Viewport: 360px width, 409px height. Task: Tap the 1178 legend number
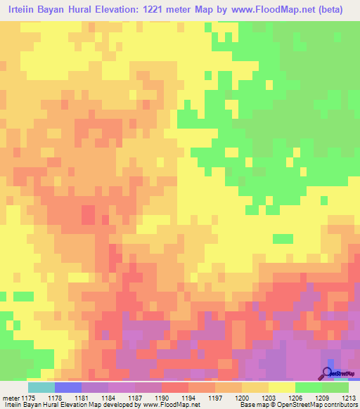pos(54,398)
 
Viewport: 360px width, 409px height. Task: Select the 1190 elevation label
pos(161,398)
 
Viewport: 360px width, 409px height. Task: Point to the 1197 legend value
pos(214,398)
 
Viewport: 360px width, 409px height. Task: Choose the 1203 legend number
pos(268,398)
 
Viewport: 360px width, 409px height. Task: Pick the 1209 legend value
pos(321,398)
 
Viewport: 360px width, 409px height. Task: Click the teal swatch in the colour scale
pos(41,387)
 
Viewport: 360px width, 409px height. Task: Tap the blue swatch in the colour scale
pos(67,387)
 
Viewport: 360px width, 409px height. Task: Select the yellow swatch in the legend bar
pos(281,387)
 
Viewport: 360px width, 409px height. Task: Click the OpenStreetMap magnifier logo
pos(328,372)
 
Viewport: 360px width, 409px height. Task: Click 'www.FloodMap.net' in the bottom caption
pos(169,405)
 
